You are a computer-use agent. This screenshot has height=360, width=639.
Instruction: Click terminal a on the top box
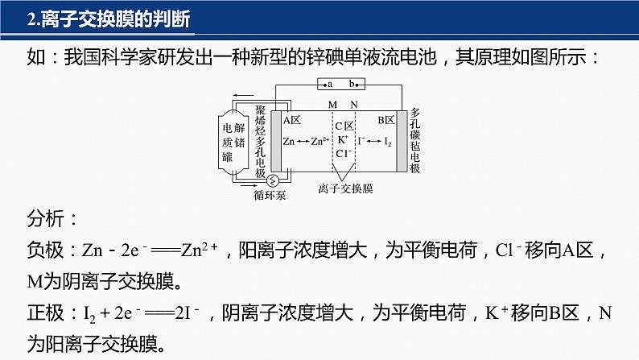tap(329, 84)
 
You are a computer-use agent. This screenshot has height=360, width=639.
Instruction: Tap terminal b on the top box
tap(352, 84)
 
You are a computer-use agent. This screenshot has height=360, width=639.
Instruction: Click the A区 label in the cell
tap(291, 120)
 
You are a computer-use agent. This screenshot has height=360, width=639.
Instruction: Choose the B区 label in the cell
tap(385, 120)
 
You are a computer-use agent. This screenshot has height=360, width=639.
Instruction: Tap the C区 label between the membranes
tap(344, 126)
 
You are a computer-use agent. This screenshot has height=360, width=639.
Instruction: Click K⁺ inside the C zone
tap(343, 139)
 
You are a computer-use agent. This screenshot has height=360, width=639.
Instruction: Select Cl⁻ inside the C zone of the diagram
tap(343, 153)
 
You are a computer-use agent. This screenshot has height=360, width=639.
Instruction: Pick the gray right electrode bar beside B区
tap(401, 141)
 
